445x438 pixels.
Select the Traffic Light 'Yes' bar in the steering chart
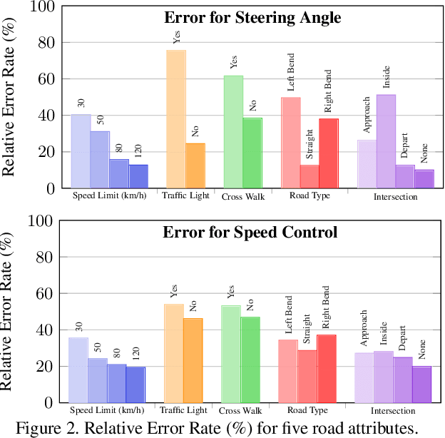(x=176, y=118)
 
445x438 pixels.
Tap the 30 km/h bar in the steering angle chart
(x=81, y=151)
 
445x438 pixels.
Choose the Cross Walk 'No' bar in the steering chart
(x=252, y=153)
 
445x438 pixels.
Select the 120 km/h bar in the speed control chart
(x=136, y=384)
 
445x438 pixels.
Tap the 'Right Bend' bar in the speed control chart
(x=327, y=368)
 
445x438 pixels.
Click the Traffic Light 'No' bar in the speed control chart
(x=193, y=360)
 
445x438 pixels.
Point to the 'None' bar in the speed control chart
(x=422, y=384)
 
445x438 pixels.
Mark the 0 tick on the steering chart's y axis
(x=50, y=188)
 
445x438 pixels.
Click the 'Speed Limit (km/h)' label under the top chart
(x=108, y=196)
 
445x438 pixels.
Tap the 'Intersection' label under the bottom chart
(x=393, y=411)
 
